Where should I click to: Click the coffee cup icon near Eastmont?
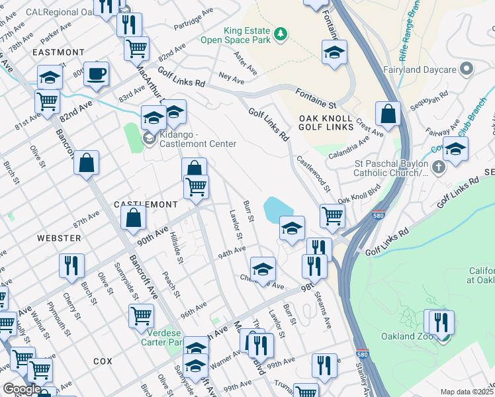click(x=97, y=74)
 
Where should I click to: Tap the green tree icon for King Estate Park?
click(x=281, y=34)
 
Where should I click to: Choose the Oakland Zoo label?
click(x=406, y=336)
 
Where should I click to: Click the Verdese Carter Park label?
click(x=161, y=337)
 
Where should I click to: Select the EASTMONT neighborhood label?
click(x=58, y=52)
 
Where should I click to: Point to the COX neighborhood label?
click(x=103, y=361)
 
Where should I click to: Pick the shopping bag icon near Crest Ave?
click(x=387, y=114)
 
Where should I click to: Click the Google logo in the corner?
click(x=22, y=389)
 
